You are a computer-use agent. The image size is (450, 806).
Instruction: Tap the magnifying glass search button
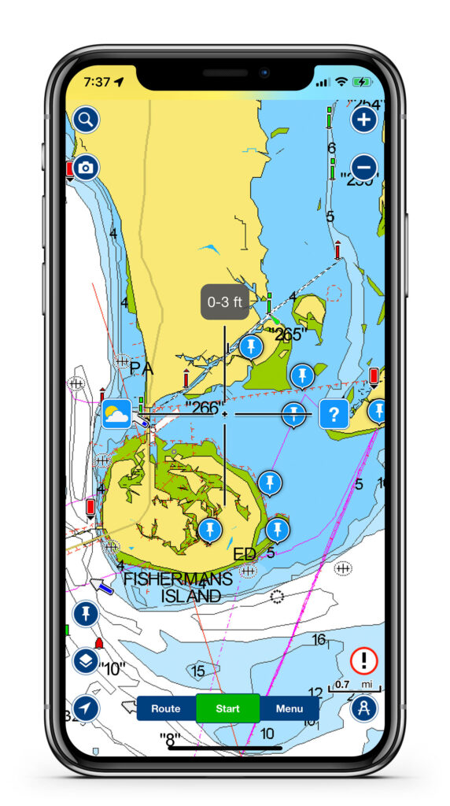click(86, 120)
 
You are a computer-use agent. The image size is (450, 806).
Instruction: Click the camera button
click(86, 168)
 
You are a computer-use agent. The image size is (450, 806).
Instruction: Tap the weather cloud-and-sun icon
click(116, 413)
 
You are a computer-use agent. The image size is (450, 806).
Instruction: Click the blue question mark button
click(334, 413)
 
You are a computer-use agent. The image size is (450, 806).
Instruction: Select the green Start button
click(227, 708)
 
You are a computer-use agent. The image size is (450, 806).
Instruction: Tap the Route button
click(166, 708)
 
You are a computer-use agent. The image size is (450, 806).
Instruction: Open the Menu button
click(290, 708)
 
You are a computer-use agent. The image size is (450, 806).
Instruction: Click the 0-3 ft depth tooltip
click(225, 302)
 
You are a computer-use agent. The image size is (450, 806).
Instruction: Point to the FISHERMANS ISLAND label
click(179, 587)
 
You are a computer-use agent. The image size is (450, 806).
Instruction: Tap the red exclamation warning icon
click(364, 660)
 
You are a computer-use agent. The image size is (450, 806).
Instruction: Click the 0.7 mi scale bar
click(354, 686)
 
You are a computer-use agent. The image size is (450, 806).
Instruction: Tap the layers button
click(86, 660)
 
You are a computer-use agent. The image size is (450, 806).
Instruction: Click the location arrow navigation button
click(86, 708)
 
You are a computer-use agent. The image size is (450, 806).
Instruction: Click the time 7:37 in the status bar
click(97, 82)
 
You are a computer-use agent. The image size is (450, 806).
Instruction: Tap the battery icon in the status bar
click(363, 82)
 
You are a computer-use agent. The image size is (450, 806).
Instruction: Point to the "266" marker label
click(201, 407)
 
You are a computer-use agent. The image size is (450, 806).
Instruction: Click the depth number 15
click(198, 671)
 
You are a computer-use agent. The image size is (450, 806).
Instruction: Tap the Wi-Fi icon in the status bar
click(341, 82)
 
